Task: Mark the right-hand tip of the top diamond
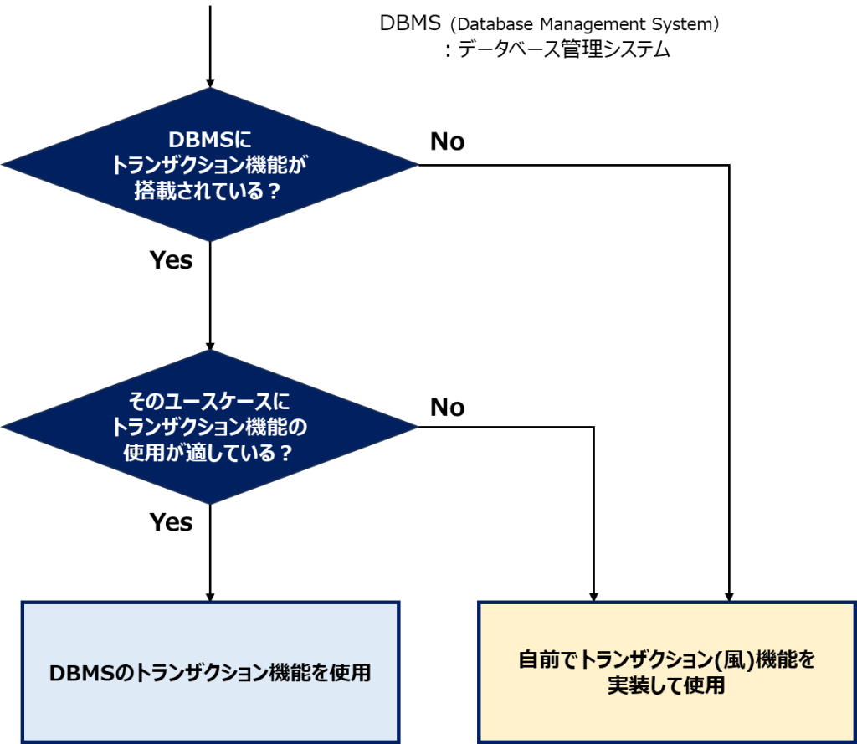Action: coord(416,165)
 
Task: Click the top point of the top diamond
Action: coord(209,88)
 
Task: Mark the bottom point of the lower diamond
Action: coord(209,504)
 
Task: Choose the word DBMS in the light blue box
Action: coord(78,673)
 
